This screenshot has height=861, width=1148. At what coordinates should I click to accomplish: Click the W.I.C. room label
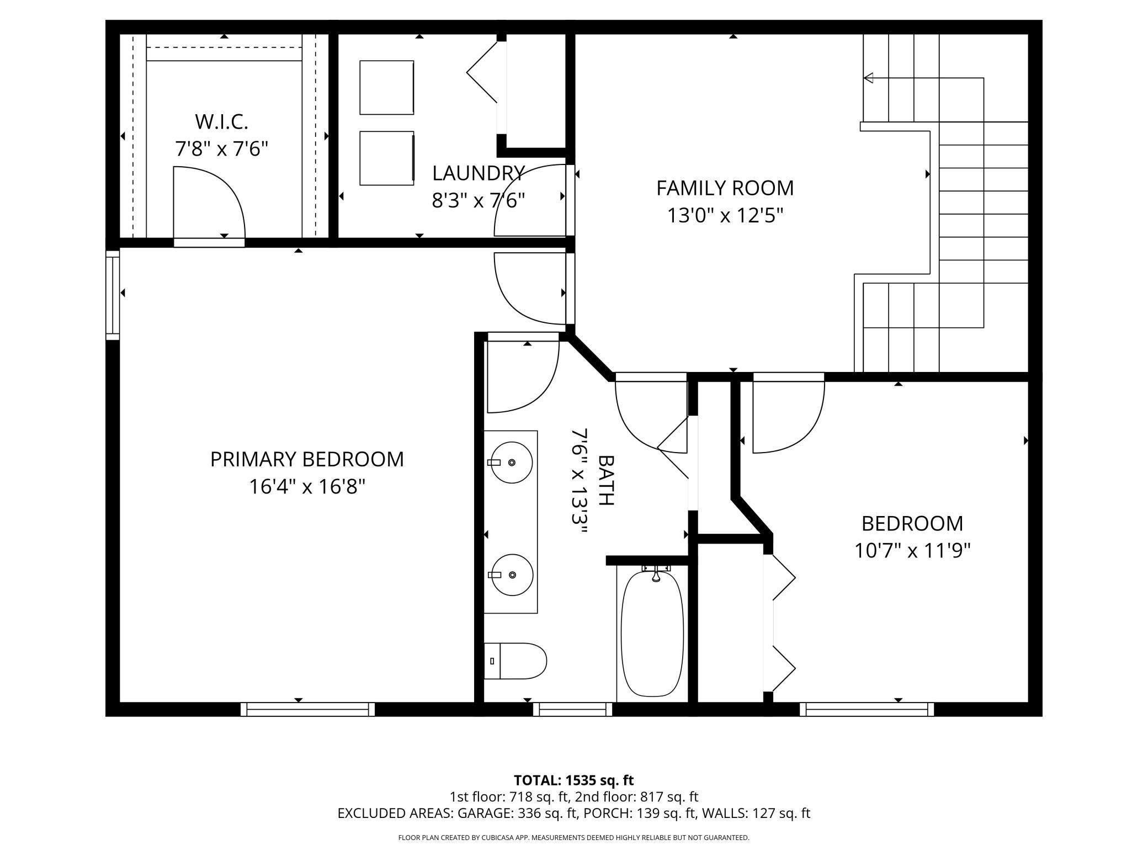pos(221,121)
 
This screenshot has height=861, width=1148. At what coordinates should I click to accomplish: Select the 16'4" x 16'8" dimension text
pos(307,487)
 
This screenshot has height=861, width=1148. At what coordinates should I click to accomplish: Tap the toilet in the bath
pos(515,661)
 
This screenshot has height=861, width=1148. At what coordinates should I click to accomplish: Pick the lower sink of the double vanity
pos(512,575)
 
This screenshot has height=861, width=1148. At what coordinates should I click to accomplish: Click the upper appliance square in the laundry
pos(386,88)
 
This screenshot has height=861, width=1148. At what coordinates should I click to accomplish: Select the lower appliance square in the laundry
pos(386,158)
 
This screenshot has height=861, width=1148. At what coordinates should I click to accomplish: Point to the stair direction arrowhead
pos(868,78)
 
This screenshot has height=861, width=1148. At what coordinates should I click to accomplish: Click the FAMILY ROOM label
pos(725,188)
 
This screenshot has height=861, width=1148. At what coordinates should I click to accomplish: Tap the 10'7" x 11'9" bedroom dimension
pos(912,550)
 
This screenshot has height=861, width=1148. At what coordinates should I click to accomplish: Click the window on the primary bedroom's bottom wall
pos(307,709)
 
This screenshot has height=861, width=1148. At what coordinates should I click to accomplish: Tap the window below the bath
pos(572,709)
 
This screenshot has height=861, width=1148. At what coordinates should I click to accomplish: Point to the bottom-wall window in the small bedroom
pos(867,709)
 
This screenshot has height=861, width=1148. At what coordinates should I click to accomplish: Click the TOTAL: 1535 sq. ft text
pos(573,780)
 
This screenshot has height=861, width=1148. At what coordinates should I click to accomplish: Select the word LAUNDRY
pos(478,173)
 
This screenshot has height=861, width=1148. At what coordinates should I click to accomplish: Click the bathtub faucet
pos(656,574)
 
